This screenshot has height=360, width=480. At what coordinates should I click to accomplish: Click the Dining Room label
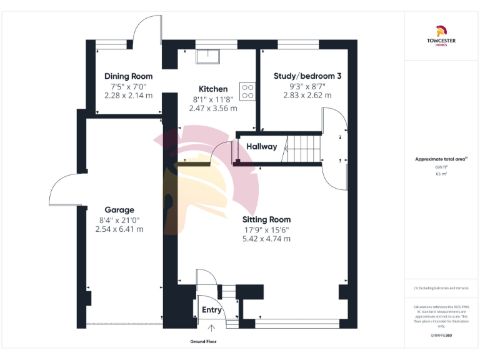128,76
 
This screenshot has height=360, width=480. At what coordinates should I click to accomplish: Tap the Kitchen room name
213,89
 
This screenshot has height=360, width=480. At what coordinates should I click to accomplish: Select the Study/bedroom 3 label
307,76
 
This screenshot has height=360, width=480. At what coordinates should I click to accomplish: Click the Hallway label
261,147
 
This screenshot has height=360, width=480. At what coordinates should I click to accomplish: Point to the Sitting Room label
267,219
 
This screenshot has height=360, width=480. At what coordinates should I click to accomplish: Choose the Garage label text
119,210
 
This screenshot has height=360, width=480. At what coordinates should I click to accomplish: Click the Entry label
211,310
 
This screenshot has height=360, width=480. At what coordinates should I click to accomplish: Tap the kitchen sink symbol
206,57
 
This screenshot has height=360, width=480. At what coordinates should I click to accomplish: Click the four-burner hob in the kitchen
247,92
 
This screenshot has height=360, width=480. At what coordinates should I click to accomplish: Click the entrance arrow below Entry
211,327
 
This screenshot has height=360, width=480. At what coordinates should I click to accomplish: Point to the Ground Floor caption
203,342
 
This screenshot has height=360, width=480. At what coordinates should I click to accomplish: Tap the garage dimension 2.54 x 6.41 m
119,229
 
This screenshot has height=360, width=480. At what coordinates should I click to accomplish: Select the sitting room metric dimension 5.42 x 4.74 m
267,238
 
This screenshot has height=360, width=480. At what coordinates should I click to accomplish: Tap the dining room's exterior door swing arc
147,28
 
